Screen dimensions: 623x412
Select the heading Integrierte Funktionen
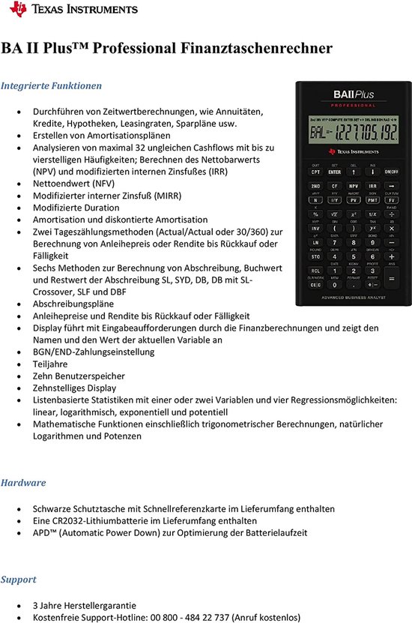(x=51, y=85)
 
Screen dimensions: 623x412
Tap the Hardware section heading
(x=23, y=483)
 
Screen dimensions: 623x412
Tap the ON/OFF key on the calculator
(x=392, y=172)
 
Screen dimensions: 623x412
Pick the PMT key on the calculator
(x=372, y=200)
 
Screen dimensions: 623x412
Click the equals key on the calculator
(x=391, y=285)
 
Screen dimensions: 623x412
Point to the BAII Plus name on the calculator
(x=354, y=95)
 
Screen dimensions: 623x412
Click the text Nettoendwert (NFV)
(x=74, y=184)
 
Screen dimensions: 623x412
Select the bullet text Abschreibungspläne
(x=73, y=304)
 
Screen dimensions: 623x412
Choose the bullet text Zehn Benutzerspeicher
(x=79, y=376)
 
